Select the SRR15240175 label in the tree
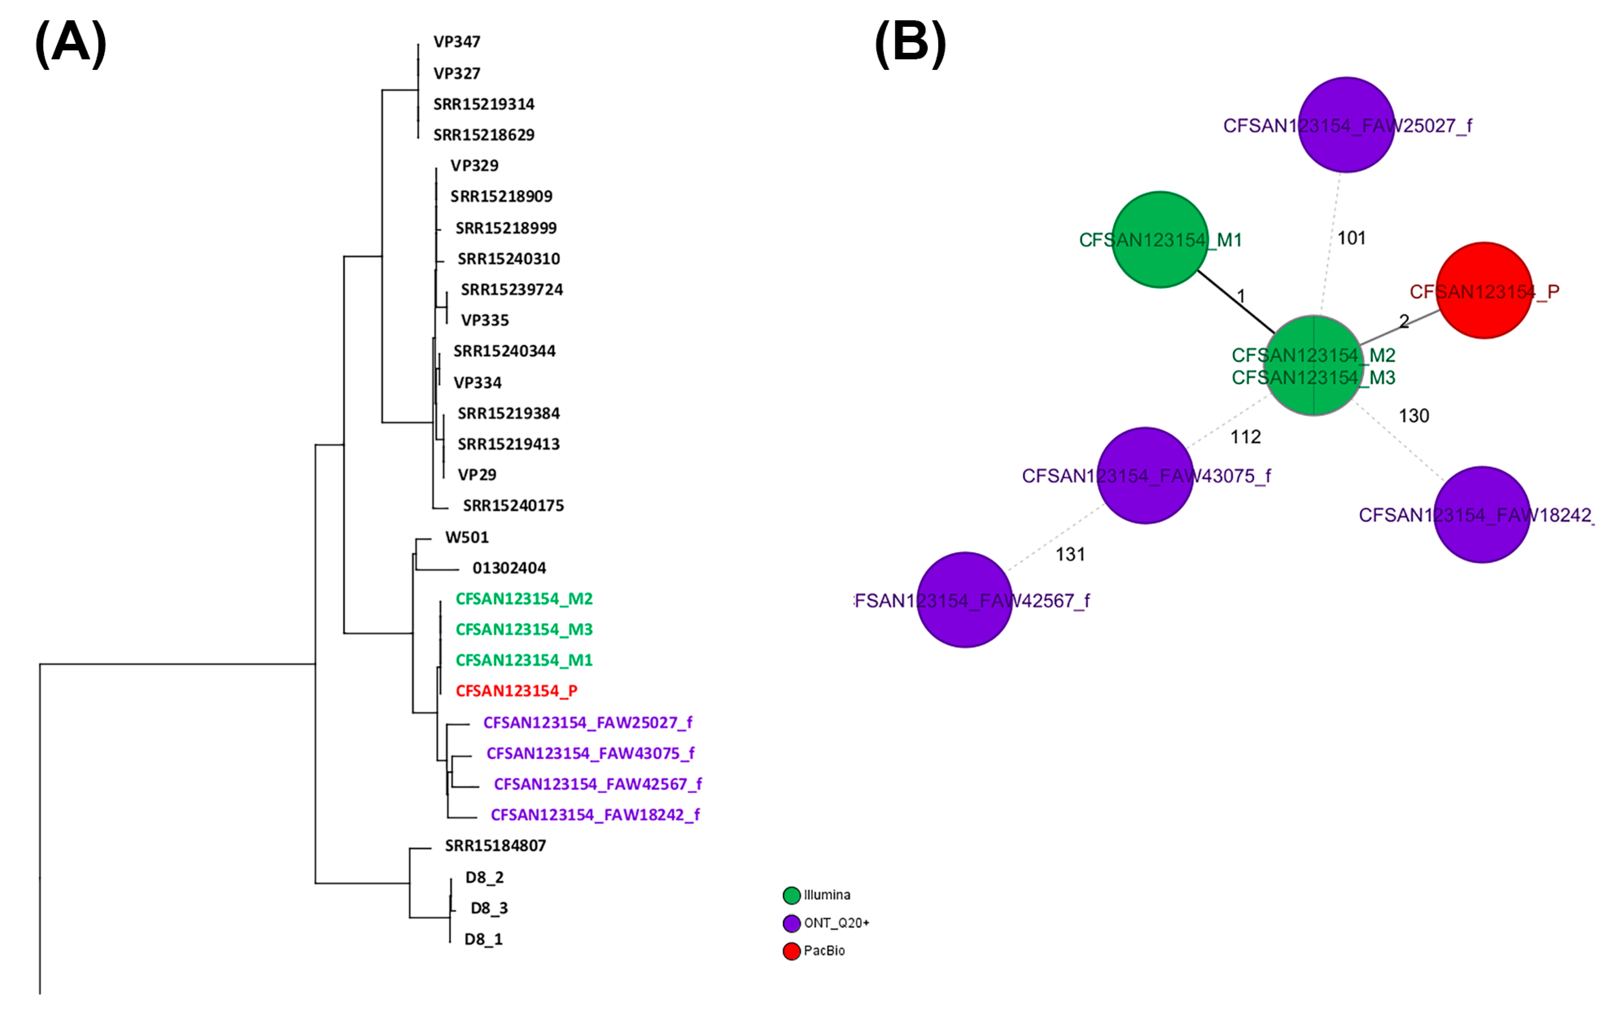point(513,505)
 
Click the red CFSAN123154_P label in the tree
point(516,691)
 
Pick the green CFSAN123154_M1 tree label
point(524,660)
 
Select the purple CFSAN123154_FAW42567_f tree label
point(598,784)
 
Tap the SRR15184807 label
point(495,846)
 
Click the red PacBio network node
point(1484,290)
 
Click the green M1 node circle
point(1160,240)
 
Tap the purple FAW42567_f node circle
point(965,600)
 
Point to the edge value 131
point(1070,554)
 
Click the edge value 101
point(1351,238)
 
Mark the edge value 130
point(1413,416)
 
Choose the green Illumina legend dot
point(792,895)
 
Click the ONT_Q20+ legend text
point(836,923)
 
